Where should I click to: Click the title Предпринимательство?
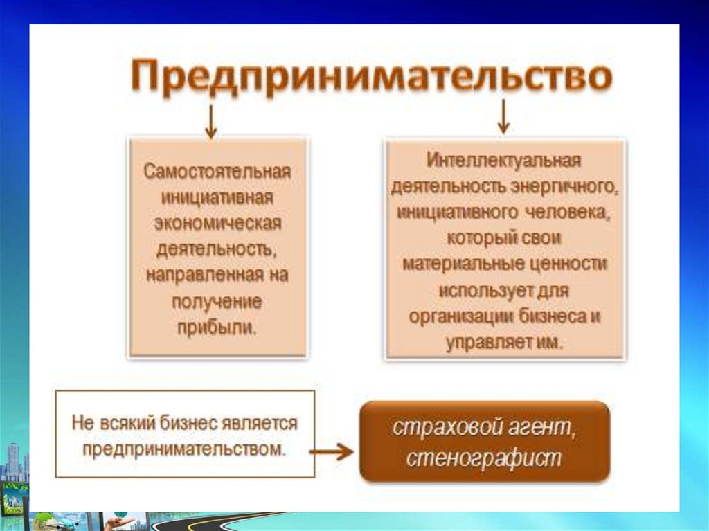[371, 76]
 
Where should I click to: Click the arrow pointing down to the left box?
[210, 121]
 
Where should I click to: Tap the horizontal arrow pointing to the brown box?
[332, 451]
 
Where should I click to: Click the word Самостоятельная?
[217, 172]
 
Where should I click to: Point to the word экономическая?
[218, 223]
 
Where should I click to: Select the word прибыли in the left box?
[216, 327]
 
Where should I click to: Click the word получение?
[217, 302]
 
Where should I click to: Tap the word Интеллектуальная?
[503, 161]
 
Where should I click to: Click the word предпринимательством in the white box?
[184, 449]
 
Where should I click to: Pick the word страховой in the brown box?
[447, 427]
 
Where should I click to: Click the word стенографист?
[483, 458]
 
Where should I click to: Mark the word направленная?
[205, 275]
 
